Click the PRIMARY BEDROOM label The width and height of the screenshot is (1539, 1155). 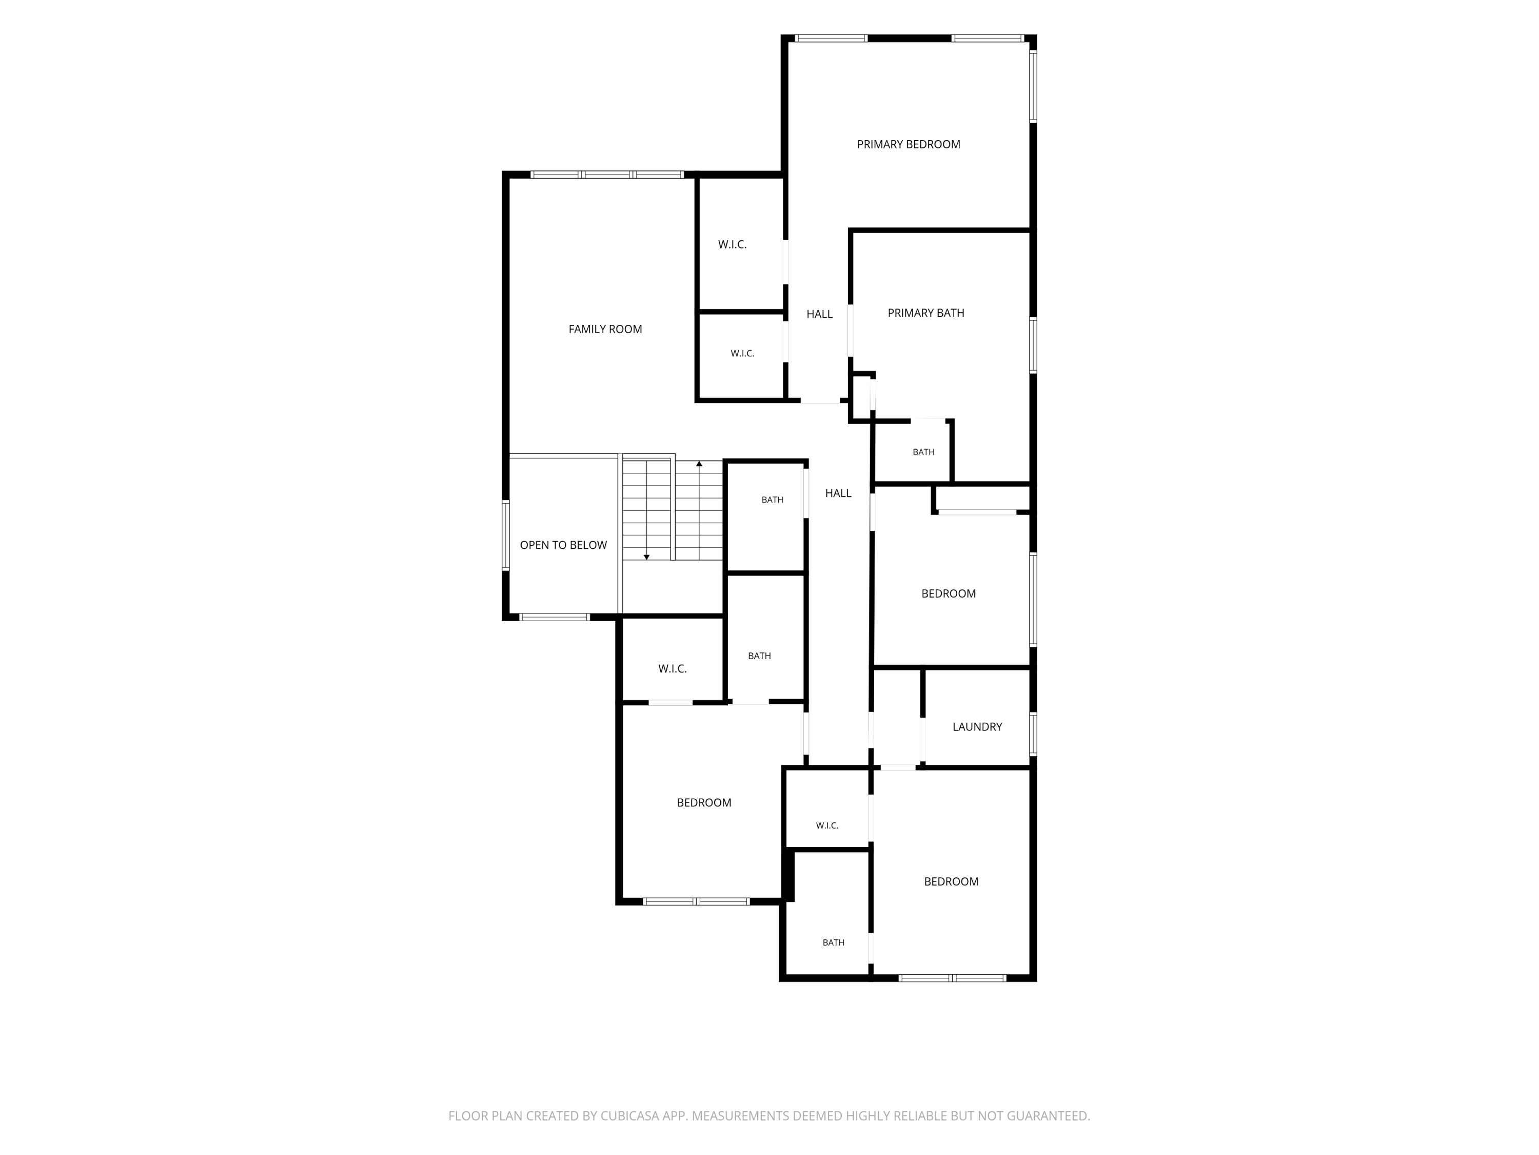(x=908, y=144)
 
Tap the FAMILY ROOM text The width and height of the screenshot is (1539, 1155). (x=605, y=330)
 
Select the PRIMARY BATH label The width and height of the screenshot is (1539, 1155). (x=925, y=313)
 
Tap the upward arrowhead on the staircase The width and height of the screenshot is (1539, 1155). (x=699, y=464)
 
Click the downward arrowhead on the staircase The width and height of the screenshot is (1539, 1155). (x=646, y=557)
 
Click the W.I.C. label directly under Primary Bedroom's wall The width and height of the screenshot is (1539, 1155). (x=732, y=245)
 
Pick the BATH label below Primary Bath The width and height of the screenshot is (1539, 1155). (x=923, y=453)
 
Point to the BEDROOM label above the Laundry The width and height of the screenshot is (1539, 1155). (x=949, y=594)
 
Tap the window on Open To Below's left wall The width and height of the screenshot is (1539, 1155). (x=506, y=535)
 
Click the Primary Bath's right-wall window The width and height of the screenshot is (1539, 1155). (x=1033, y=345)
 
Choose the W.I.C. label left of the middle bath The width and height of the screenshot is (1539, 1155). (x=672, y=669)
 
